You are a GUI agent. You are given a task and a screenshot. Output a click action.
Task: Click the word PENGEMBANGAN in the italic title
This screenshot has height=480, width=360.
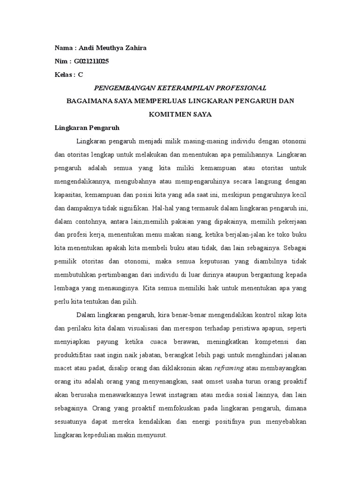(x=123, y=88)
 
